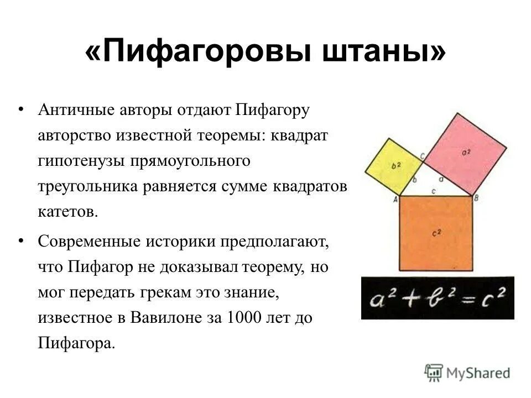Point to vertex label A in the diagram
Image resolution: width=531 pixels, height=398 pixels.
pos(395,200)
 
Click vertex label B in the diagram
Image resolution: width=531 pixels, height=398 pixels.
pos(476,198)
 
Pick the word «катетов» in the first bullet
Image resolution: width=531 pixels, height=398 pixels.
pos(67,212)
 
